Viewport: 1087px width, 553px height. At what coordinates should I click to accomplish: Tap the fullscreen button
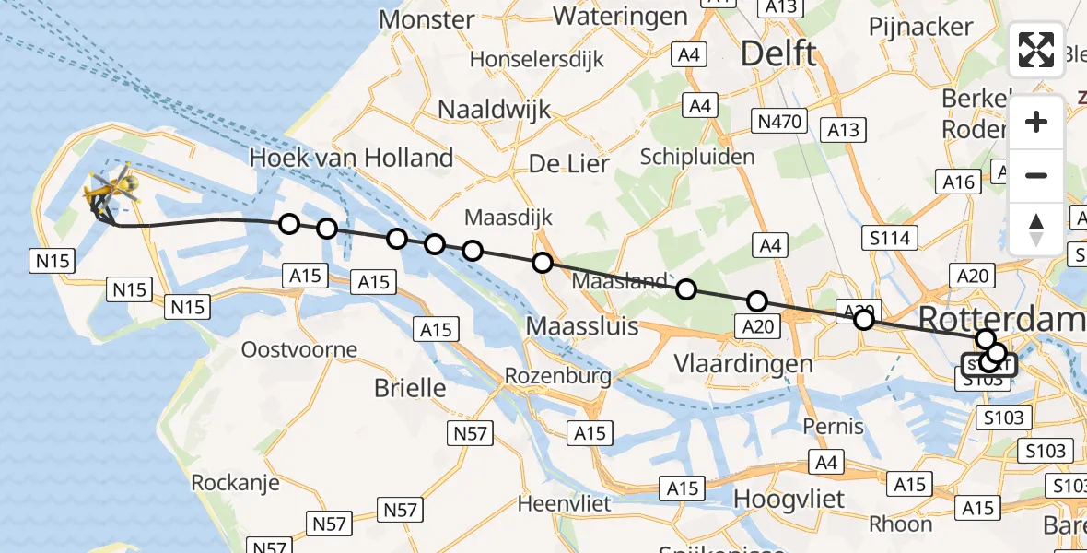pos(1036,50)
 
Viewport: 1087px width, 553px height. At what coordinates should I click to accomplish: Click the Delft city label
pos(778,53)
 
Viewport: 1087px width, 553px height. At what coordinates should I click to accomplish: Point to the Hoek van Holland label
pos(352,158)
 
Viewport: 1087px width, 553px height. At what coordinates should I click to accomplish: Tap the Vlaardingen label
pos(743,362)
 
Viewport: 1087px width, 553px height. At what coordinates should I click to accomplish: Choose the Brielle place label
pos(410,388)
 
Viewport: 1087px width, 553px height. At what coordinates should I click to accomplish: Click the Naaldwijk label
pos(494,109)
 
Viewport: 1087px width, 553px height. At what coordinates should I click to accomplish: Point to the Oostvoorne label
pos(298,349)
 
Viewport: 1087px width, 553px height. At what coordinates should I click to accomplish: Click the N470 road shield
pos(779,120)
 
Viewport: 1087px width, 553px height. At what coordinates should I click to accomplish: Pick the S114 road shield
pos(889,239)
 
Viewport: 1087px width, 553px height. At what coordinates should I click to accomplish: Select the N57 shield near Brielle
pos(472,433)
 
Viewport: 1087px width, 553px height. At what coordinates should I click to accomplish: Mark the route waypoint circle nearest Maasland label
pos(686,289)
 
